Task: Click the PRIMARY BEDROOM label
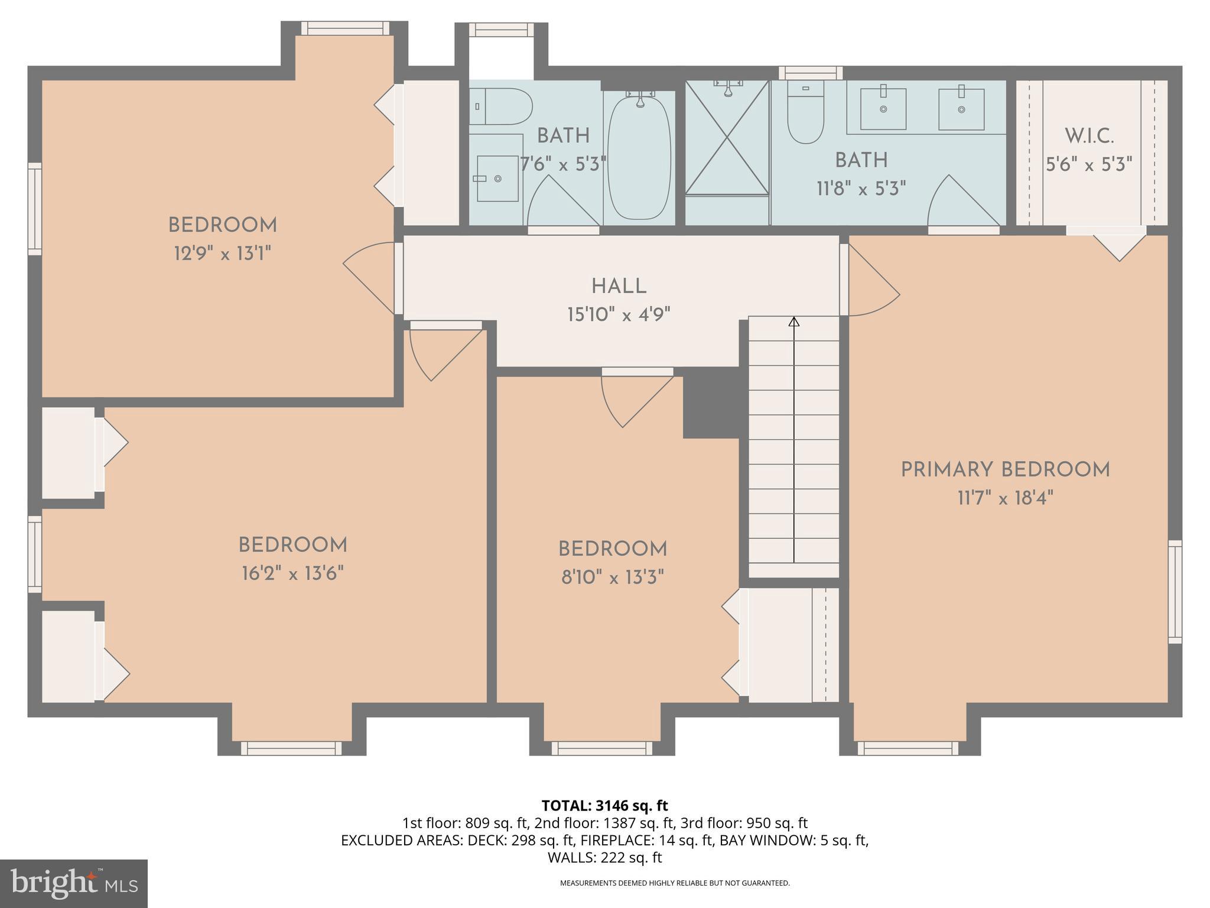(x=1005, y=471)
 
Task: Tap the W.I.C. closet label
(x=1089, y=137)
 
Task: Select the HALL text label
(x=619, y=287)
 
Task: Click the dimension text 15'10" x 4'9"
(x=619, y=314)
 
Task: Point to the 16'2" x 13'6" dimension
(x=292, y=573)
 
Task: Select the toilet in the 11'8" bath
(x=805, y=118)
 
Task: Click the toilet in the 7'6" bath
(x=502, y=106)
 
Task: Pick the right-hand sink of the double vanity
(x=961, y=109)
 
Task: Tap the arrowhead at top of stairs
(x=794, y=322)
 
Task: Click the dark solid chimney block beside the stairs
(x=711, y=402)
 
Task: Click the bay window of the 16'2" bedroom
(x=291, y=748)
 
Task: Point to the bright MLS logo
(x=73, y=883)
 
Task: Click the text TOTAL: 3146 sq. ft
(x=604, y=806)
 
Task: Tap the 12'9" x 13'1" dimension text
(x=222, y=254)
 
